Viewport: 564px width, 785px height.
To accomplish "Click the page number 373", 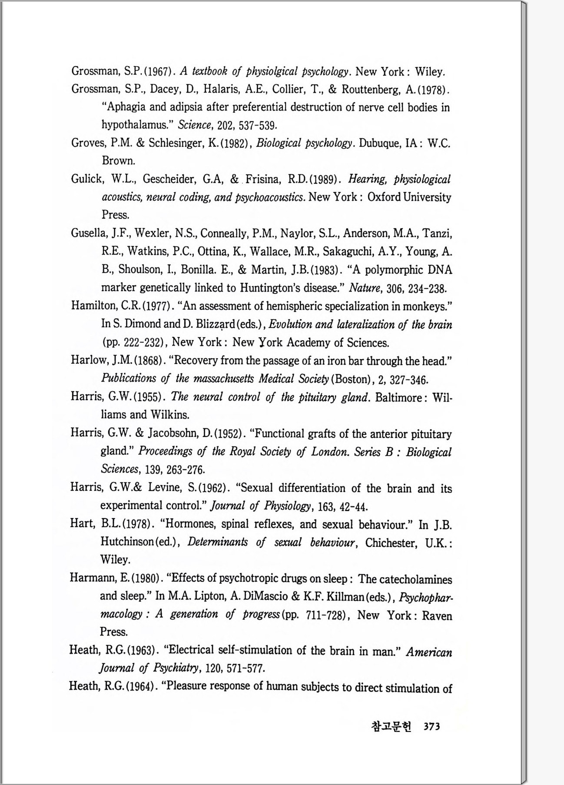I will (x=432, y=726).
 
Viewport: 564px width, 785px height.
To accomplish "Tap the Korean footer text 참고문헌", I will (x=391, y=726).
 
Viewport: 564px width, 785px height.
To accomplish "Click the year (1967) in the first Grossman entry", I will (x=157, y=71).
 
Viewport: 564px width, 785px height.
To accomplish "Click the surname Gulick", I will (x=87, y=179).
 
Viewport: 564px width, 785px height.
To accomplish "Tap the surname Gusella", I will (x=88, y=233).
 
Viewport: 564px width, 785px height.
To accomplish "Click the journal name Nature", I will (x=363, y=288).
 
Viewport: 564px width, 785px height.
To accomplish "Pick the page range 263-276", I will (x=185, y=470).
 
